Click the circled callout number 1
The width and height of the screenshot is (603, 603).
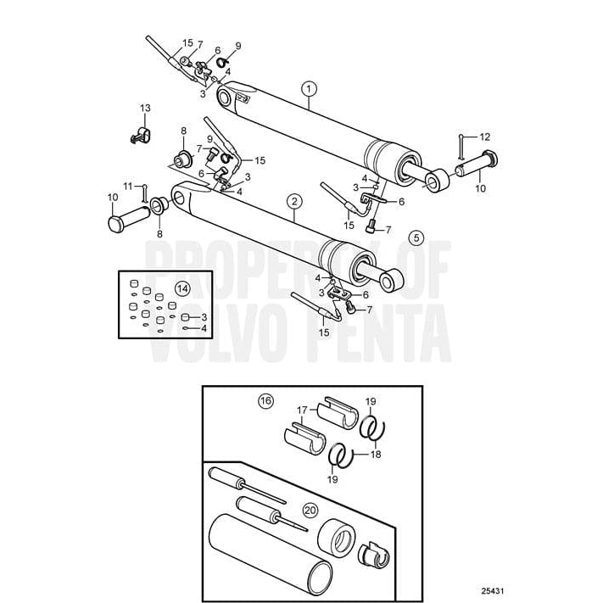309,87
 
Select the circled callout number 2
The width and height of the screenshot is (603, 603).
293,201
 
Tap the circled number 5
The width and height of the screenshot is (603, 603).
416,237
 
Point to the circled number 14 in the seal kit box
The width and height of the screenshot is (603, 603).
181,288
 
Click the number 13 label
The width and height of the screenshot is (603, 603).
145,108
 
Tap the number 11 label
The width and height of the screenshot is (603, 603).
127,186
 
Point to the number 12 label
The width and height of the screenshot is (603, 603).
485,137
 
